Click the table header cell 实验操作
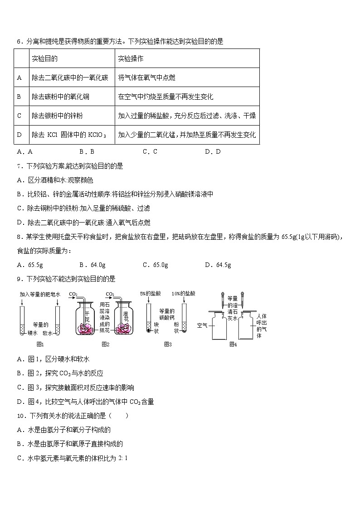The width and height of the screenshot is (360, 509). pyautogui.click(x=131, y=59)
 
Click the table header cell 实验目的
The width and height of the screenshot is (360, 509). pyautogui.click(x=44, y=59)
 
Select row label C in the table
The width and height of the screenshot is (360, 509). pyautogui.click(x=19, y=116)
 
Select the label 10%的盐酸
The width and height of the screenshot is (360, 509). pyautogui.click(x=183, y=294)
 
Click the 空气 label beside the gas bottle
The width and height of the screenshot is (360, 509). pyautogui.click(x=203, y=325)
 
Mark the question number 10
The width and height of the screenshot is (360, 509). pyautogui.click(x=20, y=416)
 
